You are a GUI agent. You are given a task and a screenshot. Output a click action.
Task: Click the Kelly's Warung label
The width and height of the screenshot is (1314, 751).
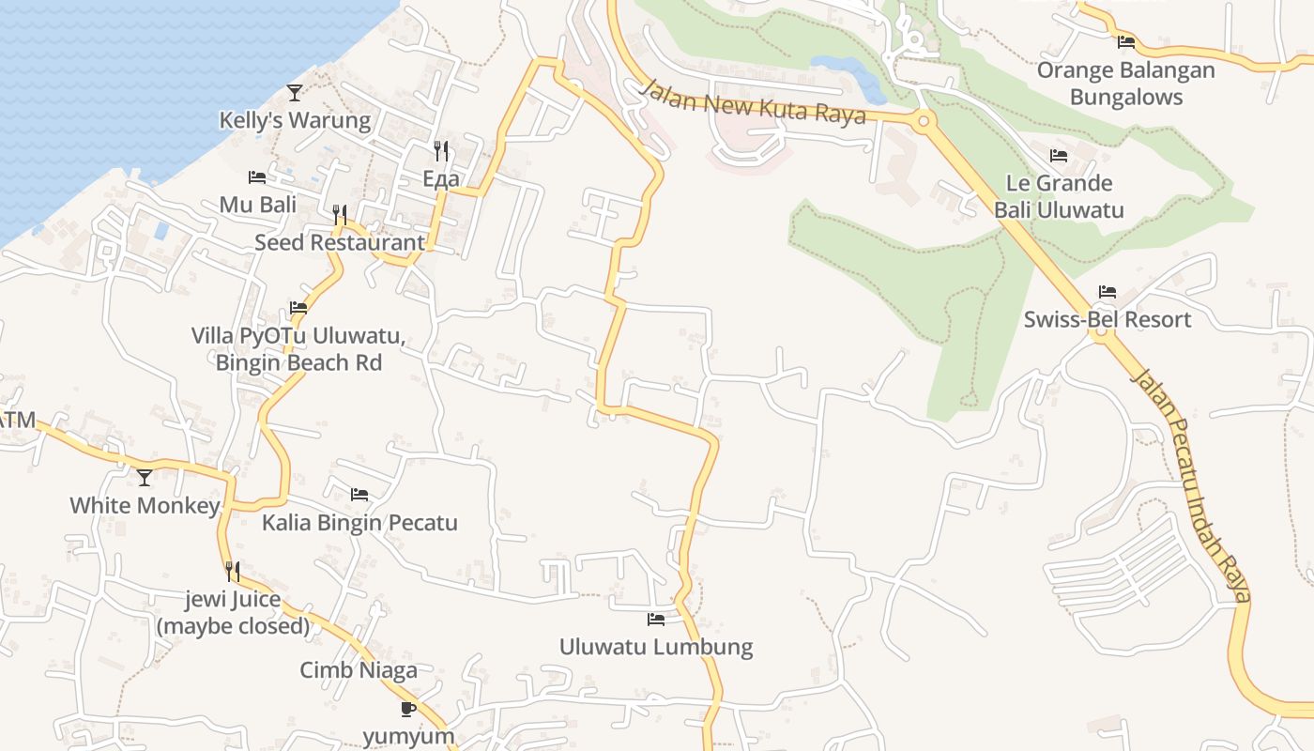[x=295, y=120]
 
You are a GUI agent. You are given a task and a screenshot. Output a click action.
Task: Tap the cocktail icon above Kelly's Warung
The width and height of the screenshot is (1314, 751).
[x=295, y=92]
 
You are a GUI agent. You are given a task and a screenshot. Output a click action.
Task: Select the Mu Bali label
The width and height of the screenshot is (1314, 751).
[x=257, y=204]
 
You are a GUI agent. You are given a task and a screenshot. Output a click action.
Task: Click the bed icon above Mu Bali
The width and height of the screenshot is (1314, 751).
[x=257, y=176]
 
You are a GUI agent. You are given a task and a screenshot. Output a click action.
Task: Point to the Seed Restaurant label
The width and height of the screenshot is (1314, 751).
[x=340, y=242]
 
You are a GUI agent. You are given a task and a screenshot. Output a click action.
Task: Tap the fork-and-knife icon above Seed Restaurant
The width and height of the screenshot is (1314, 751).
[x=340, y=215]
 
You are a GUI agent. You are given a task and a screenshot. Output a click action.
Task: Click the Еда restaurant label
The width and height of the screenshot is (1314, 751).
[x=441, y=178]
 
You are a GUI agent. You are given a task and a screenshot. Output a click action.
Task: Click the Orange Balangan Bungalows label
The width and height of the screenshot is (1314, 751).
[x=1125, y=84]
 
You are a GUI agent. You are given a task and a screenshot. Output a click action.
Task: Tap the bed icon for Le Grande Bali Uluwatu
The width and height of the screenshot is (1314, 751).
[x=1059, y=155]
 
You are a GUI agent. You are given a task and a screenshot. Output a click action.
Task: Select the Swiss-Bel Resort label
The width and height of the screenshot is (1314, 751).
[x=1108, y=319]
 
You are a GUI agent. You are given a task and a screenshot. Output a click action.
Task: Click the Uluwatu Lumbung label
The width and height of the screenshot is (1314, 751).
[x=656, y=647]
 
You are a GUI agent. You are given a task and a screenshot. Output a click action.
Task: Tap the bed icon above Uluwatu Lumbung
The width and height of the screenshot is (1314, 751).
[x=656, y=620]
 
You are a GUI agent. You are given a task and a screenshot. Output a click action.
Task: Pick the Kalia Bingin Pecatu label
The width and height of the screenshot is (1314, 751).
[x=359, y=522]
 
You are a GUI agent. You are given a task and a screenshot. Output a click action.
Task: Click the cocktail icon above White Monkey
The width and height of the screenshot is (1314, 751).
[x=145, y=478]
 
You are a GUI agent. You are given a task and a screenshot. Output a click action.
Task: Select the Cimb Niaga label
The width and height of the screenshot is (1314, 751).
[x=359, y=670]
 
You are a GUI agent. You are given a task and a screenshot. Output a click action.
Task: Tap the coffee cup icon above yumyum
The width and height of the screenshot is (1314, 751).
[x=408, y=709]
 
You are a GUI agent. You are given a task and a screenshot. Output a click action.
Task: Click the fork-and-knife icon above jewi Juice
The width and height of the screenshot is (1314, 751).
[x=232, y=571]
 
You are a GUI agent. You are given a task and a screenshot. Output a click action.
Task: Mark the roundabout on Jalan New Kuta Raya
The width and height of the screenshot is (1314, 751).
[x=924, y=120]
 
